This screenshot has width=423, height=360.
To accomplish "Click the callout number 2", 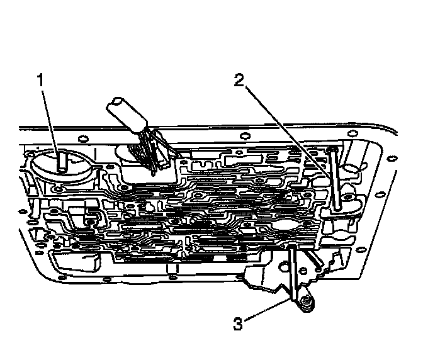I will click(x=238, y=81).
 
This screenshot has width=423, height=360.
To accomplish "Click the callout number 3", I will click(x=238, y=325).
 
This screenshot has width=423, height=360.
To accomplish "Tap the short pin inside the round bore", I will click(x=62, y=162).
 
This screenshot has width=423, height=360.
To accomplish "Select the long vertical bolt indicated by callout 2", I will click(x=334, y=179).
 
